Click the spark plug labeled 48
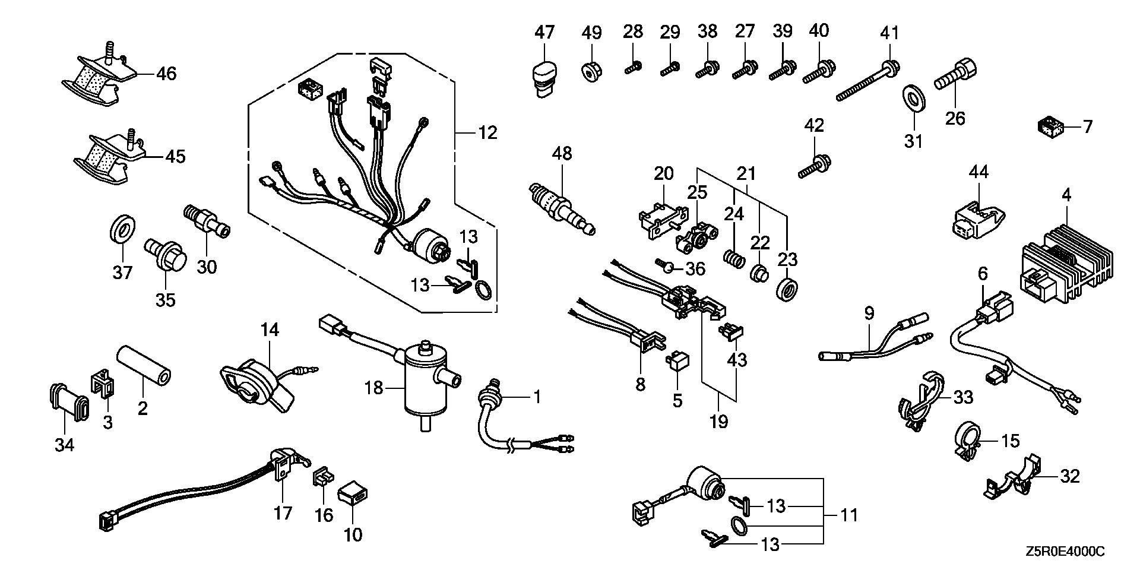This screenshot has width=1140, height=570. (561, 209)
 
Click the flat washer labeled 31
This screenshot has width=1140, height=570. (913, 99)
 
